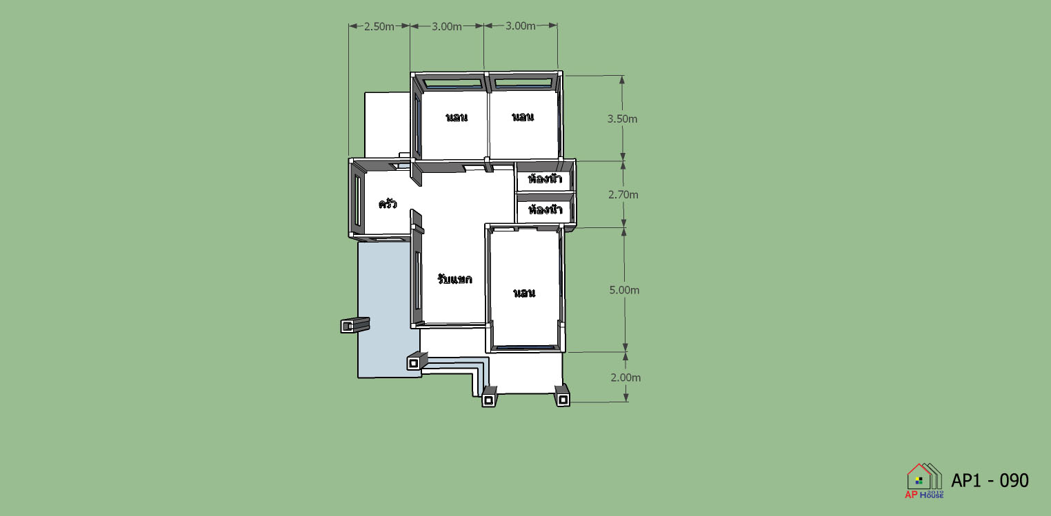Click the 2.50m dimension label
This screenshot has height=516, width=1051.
(379, 27)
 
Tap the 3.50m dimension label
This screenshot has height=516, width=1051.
(622, 119)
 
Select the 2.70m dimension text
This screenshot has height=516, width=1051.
(623, 194)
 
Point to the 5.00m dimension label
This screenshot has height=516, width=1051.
(624, 290)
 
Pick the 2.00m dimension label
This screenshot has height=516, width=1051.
(625, 378)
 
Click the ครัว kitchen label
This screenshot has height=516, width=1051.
(388, 203)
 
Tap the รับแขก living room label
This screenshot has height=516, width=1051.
(454, 279)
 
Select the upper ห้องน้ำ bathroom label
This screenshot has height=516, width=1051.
(545, 178)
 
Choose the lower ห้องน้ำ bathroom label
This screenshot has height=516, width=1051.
(545, 209)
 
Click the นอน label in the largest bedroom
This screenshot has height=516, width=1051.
(524, 293)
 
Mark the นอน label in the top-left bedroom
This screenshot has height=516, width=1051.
(457, 117)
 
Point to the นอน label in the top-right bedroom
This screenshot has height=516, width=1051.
(522, 116)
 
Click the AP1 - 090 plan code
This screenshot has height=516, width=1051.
(990, 480)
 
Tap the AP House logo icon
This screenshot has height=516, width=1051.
(924, 481)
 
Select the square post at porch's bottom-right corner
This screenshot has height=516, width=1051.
(562, 399)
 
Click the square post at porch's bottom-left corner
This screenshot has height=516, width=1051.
(488, 400)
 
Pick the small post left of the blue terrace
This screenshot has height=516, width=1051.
(354, 324)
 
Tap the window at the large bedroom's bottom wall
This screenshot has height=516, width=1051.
(525, 348)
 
